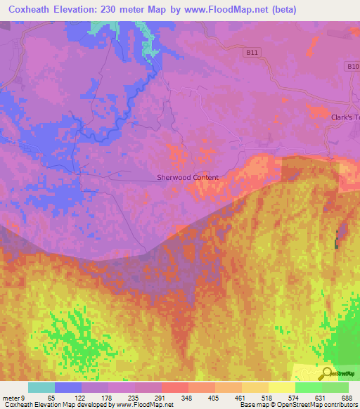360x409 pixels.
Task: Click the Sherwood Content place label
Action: click(x=188, y=178)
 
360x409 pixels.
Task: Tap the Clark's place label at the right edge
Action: click(x=345, y=118)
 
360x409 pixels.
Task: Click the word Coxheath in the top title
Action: click(x=30, y=10)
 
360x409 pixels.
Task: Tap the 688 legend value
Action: click(x=347, y=398)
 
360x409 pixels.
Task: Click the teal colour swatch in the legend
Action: click(x=41, y=387)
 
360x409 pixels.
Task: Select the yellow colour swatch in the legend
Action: click(x=282, y=387)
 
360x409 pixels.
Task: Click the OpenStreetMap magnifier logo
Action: click(x=326, y=372)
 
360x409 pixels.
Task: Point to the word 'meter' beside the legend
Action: click(x=12, y=398)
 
